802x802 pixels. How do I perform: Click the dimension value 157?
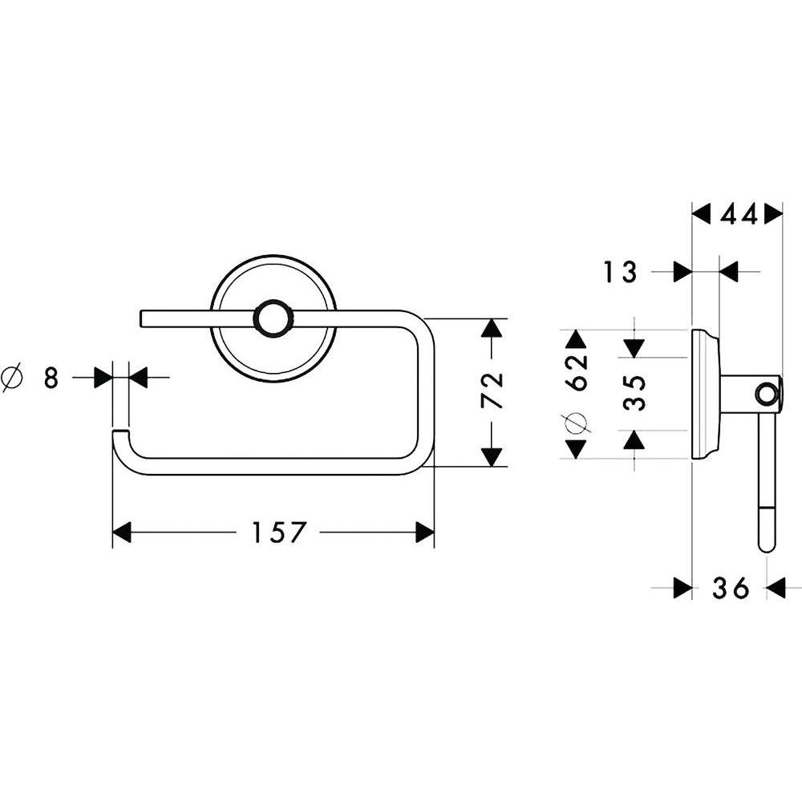click(x=278, y=533)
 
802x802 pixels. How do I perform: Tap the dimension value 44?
click(x=739, y=215)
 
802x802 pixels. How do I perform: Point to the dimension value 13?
click(x=620, y=272)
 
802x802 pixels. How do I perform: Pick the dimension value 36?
click(x=731, y=588)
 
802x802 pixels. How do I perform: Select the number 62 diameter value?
click(x=576, y=372)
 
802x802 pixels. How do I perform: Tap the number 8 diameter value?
click(x=51, y=379)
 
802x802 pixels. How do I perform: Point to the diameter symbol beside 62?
click(x=576, y=422)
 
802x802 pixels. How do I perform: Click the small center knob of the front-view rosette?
click(x=272, y=319)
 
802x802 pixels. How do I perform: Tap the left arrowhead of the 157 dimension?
click(x=122, y=533)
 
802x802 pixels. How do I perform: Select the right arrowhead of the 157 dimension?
click(x=425, y=533)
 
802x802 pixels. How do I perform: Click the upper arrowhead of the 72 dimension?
click(x=492, y=328)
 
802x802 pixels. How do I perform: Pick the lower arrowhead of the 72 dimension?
click(x=492, y=457)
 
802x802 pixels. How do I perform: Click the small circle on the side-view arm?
click(x=766, y=393)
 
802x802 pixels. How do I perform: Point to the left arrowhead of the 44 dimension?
click(x=701, y=215)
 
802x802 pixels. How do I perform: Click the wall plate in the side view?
click(x=705, y=395)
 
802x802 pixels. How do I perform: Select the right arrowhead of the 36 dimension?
click(x=776, y=588)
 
